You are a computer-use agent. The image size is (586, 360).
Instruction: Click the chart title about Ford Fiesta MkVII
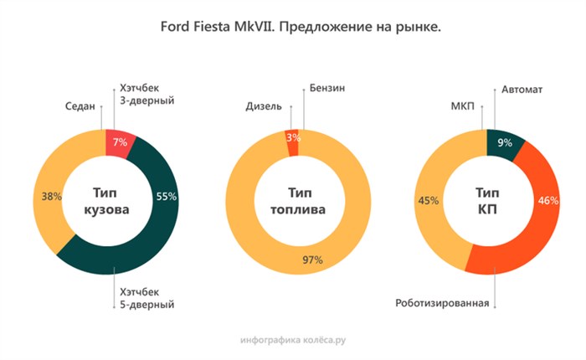coord(293,28)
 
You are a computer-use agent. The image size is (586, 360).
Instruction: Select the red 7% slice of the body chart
coord(120,143)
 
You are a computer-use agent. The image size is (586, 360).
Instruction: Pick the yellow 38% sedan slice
coord(51,198)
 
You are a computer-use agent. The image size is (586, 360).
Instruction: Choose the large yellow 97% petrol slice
coord(294,260)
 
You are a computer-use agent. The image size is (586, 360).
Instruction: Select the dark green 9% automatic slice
coord(504,143)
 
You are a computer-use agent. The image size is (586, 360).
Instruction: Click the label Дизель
coord(263,106)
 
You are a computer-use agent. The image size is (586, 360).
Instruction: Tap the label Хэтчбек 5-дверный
coord(147,298)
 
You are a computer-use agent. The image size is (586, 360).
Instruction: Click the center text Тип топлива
coord(294,201)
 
